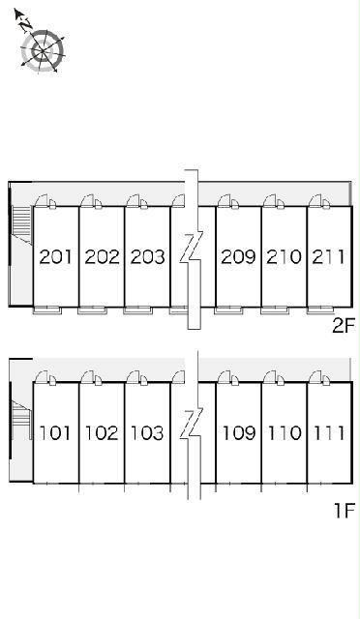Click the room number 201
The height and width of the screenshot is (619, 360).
coord(56,257)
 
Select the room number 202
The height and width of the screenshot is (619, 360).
coord(102,257)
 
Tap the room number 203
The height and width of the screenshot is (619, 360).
coord(147,257)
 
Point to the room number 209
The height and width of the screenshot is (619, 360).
coord(238,257)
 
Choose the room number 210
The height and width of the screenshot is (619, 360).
coord(285,257)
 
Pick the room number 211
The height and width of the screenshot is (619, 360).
coord(329,257)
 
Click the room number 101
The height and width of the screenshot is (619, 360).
coord(55,433)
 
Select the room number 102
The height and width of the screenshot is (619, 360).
coord(102,433)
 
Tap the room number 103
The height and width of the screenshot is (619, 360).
coord(147,433)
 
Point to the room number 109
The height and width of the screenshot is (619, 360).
coord(239,433)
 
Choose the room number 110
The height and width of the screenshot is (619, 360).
coord(285,433)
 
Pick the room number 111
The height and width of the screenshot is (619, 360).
coord(329,433)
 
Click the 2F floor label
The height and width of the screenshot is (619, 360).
coord(344,326)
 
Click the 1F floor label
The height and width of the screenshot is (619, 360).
coord(345,511)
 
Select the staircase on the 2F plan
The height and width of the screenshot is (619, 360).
coord(21,223)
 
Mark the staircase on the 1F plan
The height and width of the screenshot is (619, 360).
coord(21,420)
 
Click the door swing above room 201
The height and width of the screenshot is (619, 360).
coord(42,200)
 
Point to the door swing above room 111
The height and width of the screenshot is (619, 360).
coord(315,377)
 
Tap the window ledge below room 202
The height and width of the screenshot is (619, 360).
coord(93,310)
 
